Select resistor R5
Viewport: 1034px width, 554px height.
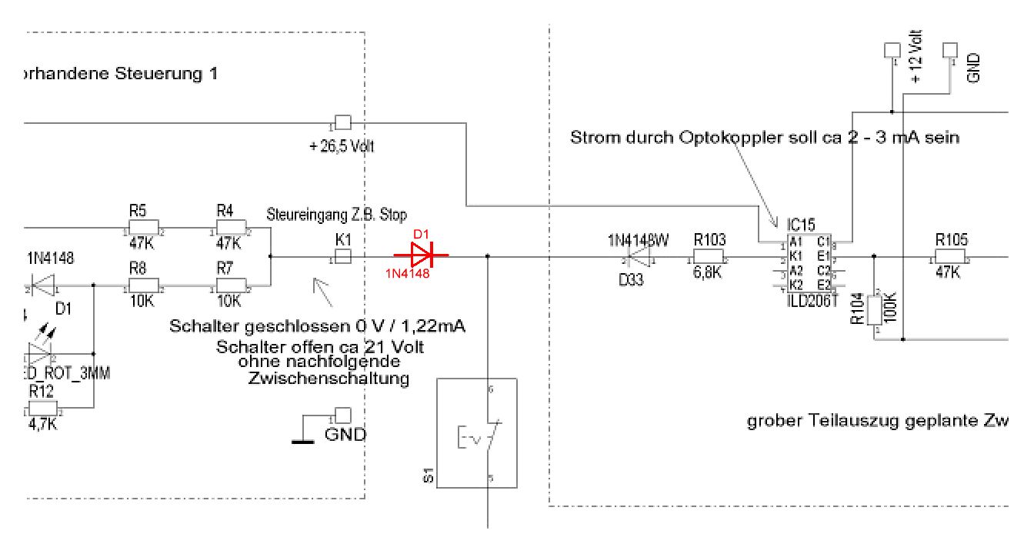pyautogui.click(x=143, y=229)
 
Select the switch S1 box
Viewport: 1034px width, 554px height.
pyautogui.click(x=475, y=432)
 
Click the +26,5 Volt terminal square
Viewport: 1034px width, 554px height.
pyautogui.click(x=342, y=123)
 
